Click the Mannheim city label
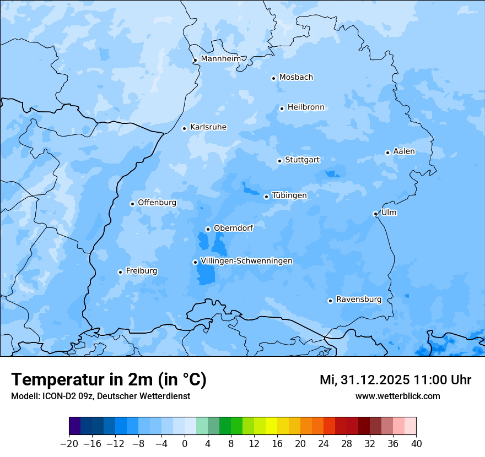[220, 58]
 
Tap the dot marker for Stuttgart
[279, 161]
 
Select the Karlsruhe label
[208, 127]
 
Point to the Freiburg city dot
[120, 272]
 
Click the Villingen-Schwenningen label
[246, 261]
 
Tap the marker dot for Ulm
[375, 214]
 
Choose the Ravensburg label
[358, 300]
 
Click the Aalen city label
[404, 151]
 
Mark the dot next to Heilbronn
[282, 108]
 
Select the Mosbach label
[296, 77]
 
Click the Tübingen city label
[289, 195]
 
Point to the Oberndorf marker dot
[208, 229]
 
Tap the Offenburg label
[157, 203]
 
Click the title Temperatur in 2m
[109, 379]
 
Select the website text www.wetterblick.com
[397, 396]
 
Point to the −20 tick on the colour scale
[69, 444]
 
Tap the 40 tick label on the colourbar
[416, 444]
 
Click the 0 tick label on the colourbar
[185, 444]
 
